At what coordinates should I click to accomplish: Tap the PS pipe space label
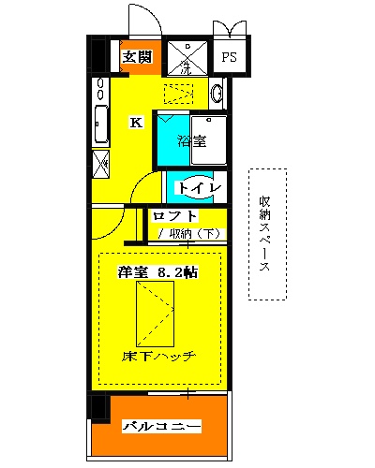pyautogui.click(x=229, y=57)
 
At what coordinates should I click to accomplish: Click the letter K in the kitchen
pyautogui.click(x=136, y=122)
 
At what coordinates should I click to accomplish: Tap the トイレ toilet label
pyautogui.click(x=200, y=188)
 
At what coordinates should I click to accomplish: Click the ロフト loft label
pyautogui.click(x=176, y=217)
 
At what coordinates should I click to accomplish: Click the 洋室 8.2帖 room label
pyautogui.click(x=157, y=272)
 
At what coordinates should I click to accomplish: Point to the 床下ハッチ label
pyautogui.click(x=157, y=357)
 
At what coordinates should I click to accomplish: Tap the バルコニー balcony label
pyautogui.click(x=161, y=427)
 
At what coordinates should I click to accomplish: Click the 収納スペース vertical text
pyautogui.click(x=265, y=234)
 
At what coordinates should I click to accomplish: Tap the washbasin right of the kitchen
pyautogui.click(x=217, y=94)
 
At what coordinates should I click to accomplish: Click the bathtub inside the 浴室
pyautogui.click(x=209, y=141)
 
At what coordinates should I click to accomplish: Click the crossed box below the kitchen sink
pyautogui.click(x=100, y=163)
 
